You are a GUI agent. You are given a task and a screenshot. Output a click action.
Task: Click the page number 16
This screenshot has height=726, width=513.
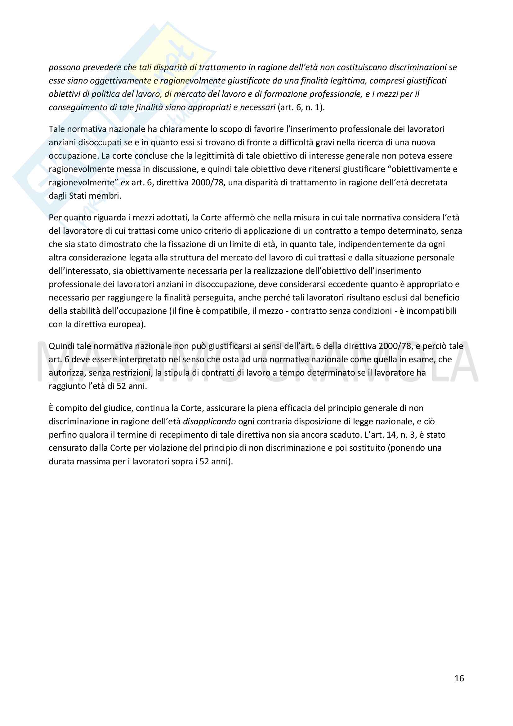coord(459,678)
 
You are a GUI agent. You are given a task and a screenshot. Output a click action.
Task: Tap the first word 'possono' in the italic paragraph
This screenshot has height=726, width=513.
coord(64,67)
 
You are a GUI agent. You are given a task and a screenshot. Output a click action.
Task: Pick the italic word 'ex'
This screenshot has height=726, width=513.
coord(125,183)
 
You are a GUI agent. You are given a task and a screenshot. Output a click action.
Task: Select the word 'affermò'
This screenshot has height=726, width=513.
coord(240,218)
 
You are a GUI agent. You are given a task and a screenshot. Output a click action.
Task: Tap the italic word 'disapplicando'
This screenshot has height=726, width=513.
coord(209,422)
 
